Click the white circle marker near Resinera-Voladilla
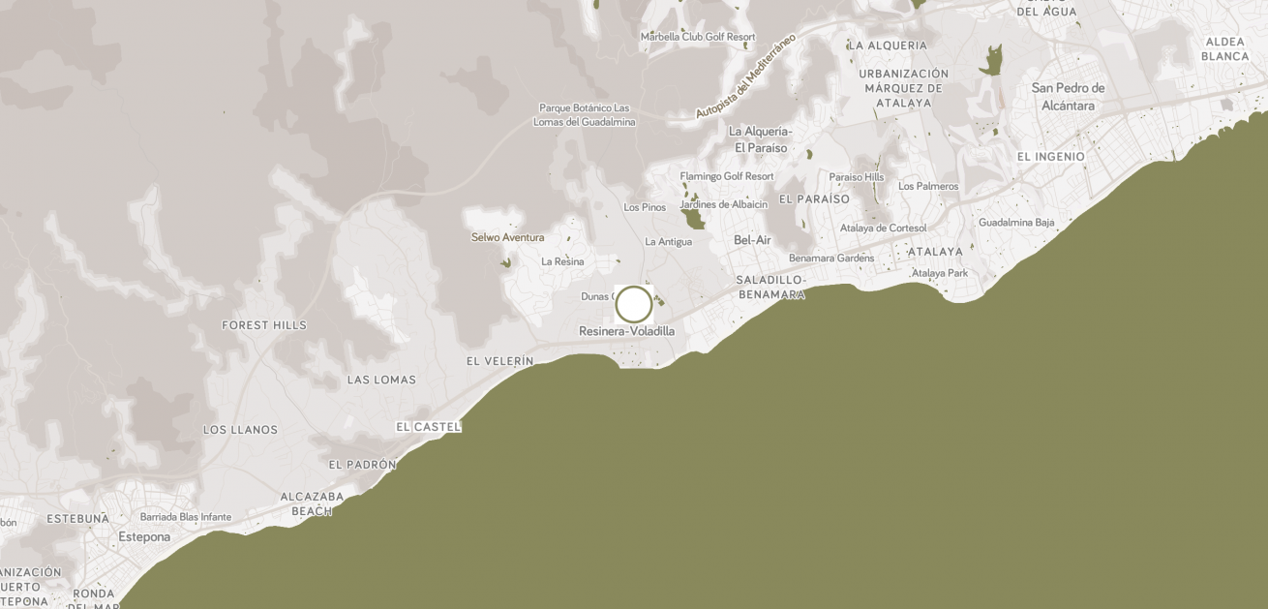pos(634,304)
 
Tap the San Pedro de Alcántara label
pos(1069,97)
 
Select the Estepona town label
pos(144,536)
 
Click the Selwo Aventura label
pos(507,237)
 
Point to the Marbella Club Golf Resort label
pos(698,37)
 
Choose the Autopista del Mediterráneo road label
pos(745,76)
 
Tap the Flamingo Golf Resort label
pos(727,176)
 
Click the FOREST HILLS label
pos(264,325)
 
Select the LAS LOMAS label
pos(381,380)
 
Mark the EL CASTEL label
pos(429,426)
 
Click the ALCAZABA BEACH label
pos(312,503)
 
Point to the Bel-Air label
pos(752,239)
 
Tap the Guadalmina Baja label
pos(1016,222)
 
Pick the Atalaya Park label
pos(940,273)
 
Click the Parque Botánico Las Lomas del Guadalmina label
pos(585,115)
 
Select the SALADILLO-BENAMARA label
pos(771,287)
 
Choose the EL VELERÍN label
pos(499,361)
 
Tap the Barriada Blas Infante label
pos(186,517)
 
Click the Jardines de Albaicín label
pos(724,204)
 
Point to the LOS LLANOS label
pos(240,429)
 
